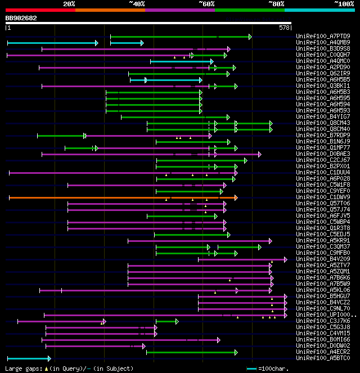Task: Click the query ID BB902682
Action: (21, 18)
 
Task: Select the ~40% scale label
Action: (137, 3)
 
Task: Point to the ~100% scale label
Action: (344, 3)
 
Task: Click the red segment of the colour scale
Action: (40, 10)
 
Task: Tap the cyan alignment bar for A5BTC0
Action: (28, 358)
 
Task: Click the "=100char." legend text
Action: (276, 368)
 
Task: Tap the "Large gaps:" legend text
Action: (24, 368)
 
